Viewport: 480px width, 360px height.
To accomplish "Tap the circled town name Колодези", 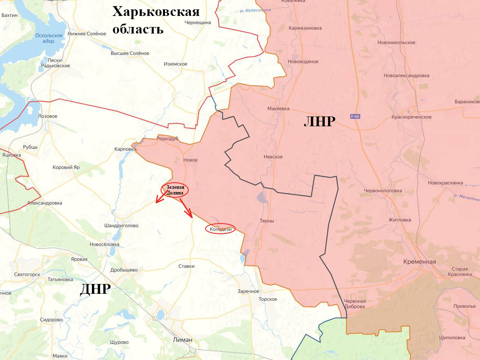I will [221, 229].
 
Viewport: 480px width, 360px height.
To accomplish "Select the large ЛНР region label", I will [319, 122].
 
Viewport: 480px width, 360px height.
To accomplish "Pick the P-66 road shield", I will [355, 116].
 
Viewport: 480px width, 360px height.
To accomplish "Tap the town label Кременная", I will [419, 262].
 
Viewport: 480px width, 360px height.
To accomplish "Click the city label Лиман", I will [183, 340].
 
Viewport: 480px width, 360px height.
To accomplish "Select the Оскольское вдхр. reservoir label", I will [49, 38].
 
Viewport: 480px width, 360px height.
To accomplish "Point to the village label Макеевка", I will [278, 109].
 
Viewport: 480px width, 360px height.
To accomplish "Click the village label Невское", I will [273, 157].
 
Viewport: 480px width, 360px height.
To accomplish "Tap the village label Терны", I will [267, 221].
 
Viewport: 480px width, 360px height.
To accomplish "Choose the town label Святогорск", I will [27, 274].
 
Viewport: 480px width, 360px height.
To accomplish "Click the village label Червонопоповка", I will [383, 190].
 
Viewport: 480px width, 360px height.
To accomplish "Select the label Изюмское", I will [175, 64].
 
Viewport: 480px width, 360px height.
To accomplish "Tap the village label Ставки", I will [186, 266].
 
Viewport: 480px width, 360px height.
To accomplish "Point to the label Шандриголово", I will [121, 226].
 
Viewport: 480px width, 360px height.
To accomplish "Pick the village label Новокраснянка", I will [445, 183].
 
